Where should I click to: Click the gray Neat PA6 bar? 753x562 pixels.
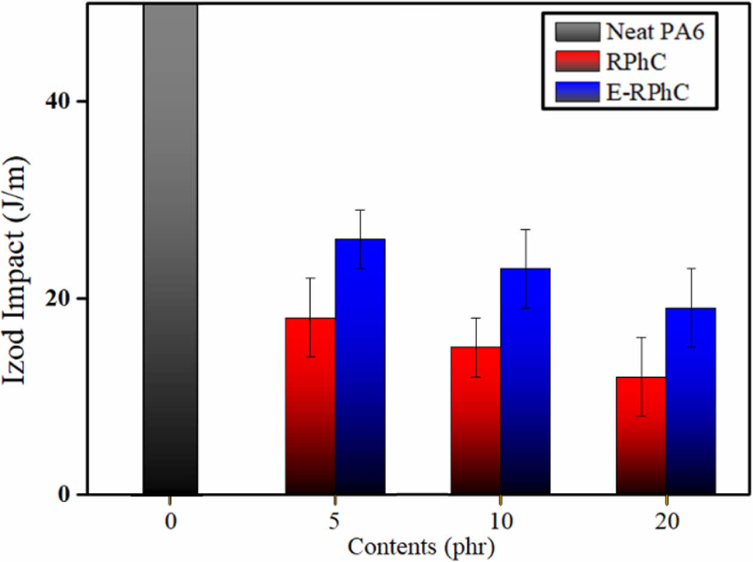[170, 251]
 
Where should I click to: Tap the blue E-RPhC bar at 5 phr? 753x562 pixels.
[360, 370]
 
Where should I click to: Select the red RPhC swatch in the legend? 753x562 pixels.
[576, 60]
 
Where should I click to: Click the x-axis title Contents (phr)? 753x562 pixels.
[422, 545]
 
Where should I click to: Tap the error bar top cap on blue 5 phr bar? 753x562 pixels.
[360, 210]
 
